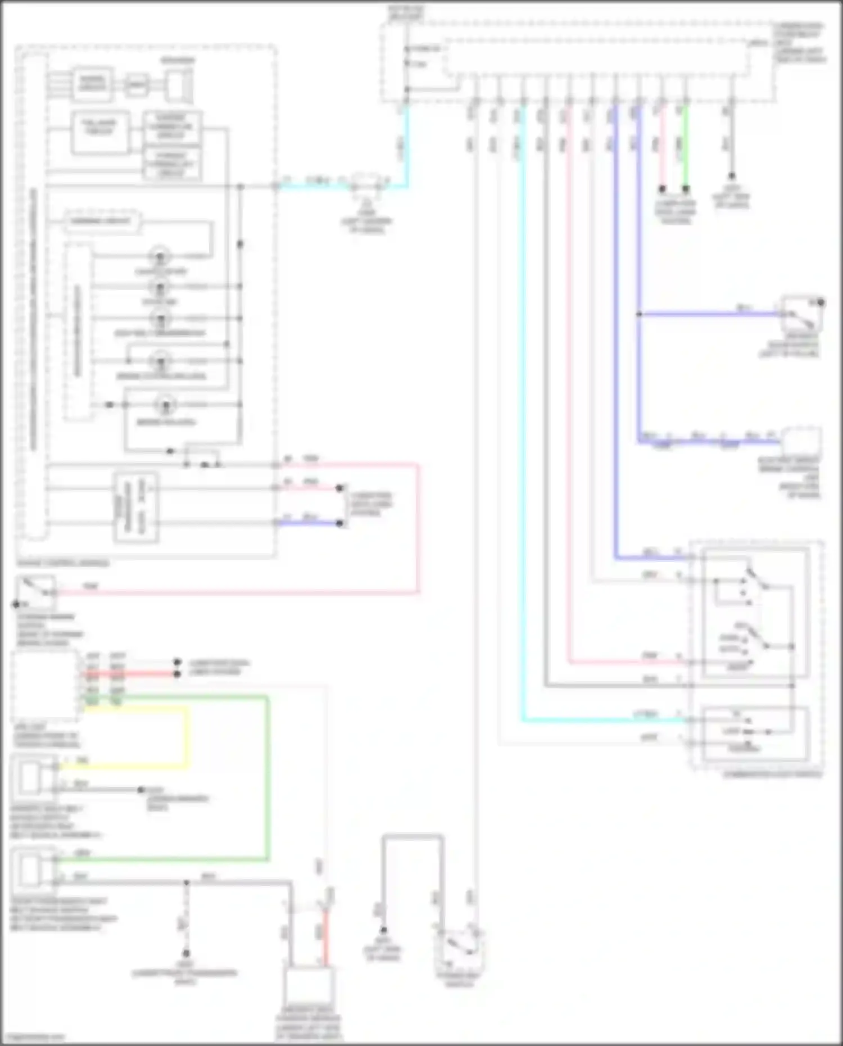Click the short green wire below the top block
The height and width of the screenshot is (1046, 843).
[686, 146]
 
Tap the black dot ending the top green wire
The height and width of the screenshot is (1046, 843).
[686, 189]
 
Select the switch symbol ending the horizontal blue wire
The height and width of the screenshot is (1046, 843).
[802, 315]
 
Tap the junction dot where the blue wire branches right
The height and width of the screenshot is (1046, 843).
[639, 314]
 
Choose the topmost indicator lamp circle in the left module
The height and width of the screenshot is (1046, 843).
[160, 257]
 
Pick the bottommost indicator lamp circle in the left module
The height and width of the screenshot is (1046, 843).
[166, 404]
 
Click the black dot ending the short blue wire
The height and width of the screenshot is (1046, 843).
[339, 523]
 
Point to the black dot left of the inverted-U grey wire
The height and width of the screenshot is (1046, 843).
[383, 930]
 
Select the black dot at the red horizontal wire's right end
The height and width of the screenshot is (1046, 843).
[178, 673]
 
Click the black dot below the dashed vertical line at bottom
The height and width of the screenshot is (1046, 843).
[185, 953]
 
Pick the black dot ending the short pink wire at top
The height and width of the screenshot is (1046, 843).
[662, 189]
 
